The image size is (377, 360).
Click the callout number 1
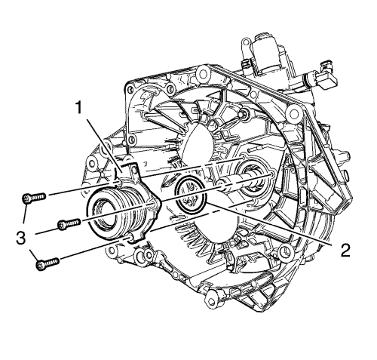[79, 108]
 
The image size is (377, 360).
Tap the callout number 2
[345, 251]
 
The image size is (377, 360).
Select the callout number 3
[21, 238]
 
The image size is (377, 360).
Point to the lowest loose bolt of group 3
[48, 263]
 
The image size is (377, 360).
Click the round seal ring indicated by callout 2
[191, 193]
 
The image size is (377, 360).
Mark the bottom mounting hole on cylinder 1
[130, 238]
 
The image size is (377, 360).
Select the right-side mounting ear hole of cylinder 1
[152, 205]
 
